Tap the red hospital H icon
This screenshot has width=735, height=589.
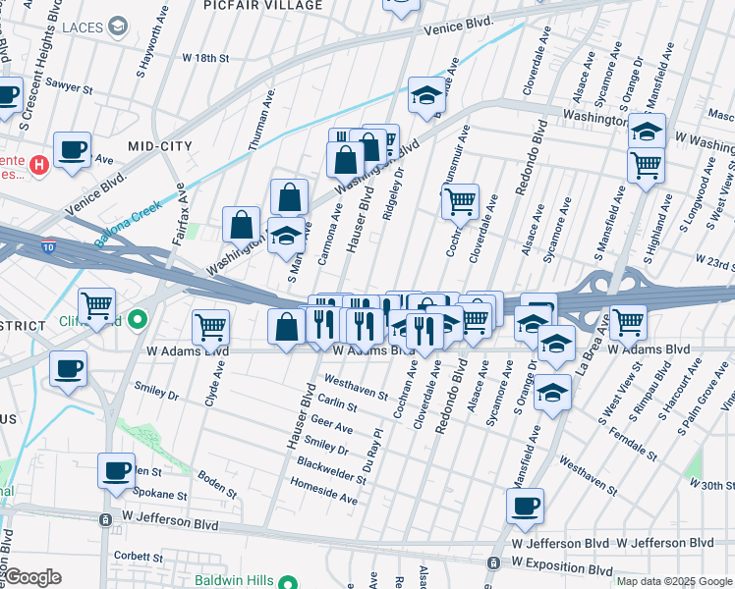39,163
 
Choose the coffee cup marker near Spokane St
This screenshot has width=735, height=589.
116,470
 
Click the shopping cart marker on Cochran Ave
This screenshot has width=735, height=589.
460,202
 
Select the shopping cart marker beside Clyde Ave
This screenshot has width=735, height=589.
210,327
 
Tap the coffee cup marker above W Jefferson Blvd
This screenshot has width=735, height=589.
525,506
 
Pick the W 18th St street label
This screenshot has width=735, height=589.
205,59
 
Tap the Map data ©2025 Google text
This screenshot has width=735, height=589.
674,581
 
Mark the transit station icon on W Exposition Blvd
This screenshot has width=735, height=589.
492,562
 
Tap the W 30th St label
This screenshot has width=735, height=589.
711,485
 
